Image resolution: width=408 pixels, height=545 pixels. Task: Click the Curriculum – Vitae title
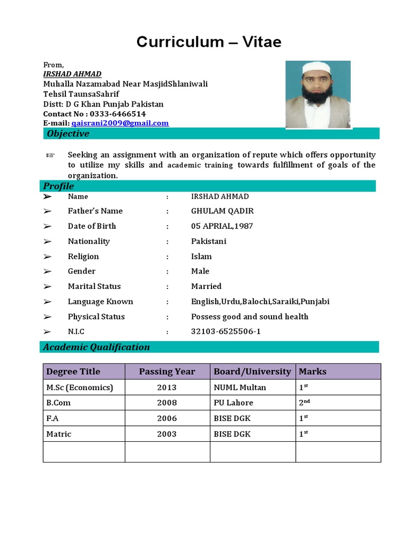point(209,42)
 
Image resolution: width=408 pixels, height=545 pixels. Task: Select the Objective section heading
point(68,134)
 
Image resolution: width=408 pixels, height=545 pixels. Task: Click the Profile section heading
point(59,186)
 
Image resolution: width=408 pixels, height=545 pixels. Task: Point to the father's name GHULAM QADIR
point(219,211)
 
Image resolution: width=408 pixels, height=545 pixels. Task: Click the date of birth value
point(222,226)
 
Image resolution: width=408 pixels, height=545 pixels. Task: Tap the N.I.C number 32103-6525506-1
point(226,332)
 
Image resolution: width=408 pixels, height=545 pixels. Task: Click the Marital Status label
point(94,286)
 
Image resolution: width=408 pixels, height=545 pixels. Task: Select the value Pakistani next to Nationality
point(209,241)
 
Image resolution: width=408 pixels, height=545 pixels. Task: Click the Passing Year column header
point(167,371)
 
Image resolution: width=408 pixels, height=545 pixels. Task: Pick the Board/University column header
point(252,371)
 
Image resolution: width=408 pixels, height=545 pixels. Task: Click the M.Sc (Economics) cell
point(80,387)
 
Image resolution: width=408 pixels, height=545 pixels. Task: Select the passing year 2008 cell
point(167,403)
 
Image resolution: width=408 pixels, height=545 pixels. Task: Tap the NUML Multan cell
point(240,387)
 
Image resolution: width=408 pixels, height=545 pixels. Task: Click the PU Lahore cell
point(233,403)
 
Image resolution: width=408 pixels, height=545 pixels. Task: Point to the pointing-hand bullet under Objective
point(50,155)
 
